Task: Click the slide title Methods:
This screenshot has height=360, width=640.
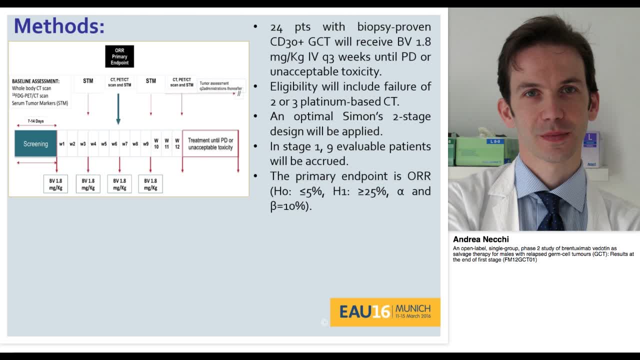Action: pyautogui.click(x=59, y=26)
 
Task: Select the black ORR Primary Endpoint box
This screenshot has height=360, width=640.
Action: pyautogui.click(x=119, y=56)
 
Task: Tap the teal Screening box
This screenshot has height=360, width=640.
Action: pyautogui.click(x=35, y=144)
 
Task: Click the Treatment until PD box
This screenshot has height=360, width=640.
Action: pyautogui.click(x=210, y=144)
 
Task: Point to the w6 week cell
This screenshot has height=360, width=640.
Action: pyautogui.click(x=114, y=144)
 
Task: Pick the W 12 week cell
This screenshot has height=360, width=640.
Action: pyautogui.click(x=177, y=144)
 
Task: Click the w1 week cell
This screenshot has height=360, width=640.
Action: pyautogui.click(x=62, y=144)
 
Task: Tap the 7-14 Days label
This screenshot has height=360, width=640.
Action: pyautogui.click(x=35, y=121)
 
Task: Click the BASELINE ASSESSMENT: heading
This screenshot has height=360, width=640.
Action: pyautogui.click(x=35, y=81)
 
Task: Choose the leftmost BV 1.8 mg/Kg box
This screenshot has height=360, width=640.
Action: pyautogui.click(x=55, y=184)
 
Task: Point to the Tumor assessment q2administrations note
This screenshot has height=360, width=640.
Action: pyautogui.click(x=220, y=86)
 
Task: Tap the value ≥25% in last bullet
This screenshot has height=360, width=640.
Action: pyautogui.click(x=372, y=191)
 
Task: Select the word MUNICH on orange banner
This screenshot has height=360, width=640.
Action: pyautogui.click(x=412, y=308)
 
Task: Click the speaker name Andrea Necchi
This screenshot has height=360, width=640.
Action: pyautogui.click(x=480, y=239)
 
